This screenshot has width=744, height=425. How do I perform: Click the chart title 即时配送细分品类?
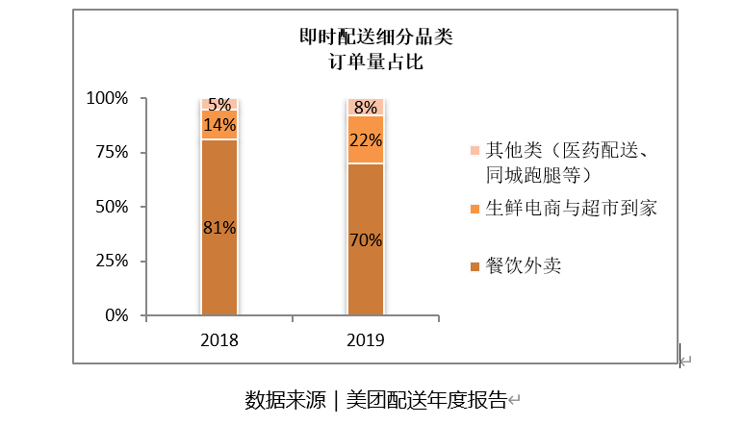[x=374, y=38]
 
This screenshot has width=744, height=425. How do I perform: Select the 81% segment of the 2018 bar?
[x=218, y=228]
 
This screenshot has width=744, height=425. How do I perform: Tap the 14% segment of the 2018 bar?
[x=218, y=124]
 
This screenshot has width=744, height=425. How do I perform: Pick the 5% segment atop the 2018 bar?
[x=218, y=104]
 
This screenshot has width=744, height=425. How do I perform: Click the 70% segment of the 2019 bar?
[x=365, y=239]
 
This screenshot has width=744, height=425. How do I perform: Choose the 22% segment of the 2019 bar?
[x=365, y=140]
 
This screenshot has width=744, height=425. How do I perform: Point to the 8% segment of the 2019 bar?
[x=365, y=107]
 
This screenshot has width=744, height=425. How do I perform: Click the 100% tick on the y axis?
[x=107, y=98]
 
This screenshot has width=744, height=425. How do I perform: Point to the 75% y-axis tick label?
[x=111, y=152]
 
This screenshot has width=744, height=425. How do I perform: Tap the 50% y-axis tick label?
[x=111, y=207]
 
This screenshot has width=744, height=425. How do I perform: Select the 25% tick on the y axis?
[x=111, y=261]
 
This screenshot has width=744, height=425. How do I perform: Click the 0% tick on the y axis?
[x=115, y=315]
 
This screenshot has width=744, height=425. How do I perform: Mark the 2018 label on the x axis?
[x=218, y=340]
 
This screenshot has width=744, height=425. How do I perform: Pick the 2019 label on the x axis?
[x=365, y=340]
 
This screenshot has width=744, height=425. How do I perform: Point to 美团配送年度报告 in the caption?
[x=425, y=399]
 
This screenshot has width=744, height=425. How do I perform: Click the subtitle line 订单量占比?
[x=374, y=63]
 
